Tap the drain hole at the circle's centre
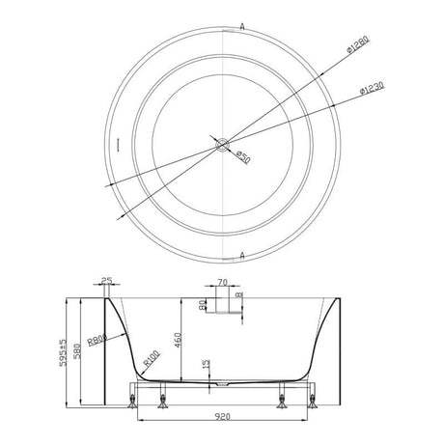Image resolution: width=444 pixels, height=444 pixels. point(225,148)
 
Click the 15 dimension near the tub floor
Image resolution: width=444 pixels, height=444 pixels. point(205,368)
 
